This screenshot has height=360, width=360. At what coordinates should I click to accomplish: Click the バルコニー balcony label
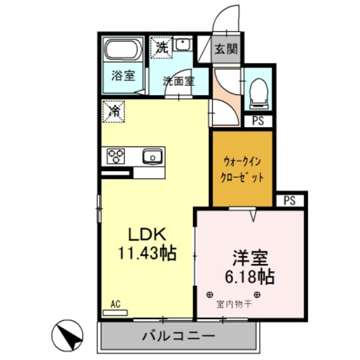[178, 335]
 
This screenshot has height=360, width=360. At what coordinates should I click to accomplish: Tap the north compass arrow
[69, 334]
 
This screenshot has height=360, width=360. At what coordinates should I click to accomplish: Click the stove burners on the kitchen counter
[116, 157]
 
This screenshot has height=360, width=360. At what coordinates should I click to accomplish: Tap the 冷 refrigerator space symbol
[113, 111]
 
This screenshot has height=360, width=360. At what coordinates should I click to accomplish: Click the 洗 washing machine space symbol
[161, 47]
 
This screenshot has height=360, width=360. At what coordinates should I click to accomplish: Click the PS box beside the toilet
[257, 121]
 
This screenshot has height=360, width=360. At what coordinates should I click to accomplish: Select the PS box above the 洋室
[290, 200]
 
